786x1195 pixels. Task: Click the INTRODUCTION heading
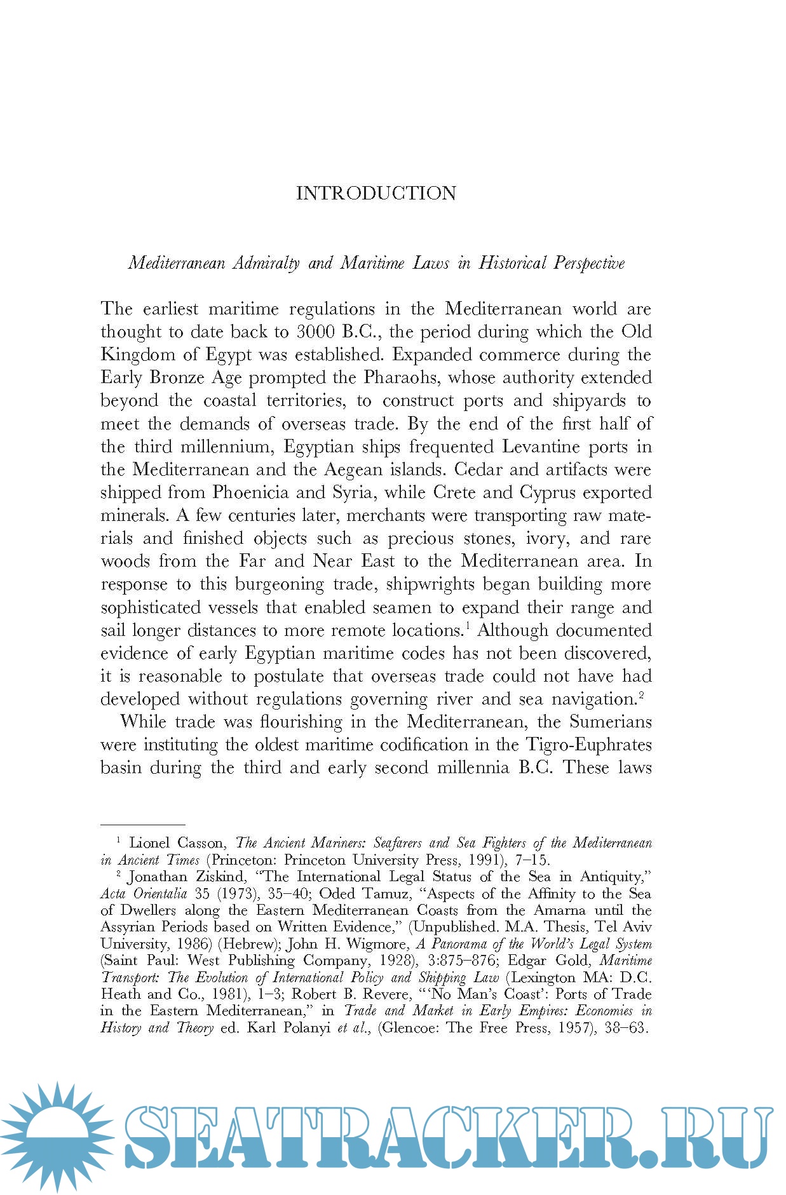376,193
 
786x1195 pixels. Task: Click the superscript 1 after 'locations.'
467,626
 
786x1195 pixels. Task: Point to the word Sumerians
611,722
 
